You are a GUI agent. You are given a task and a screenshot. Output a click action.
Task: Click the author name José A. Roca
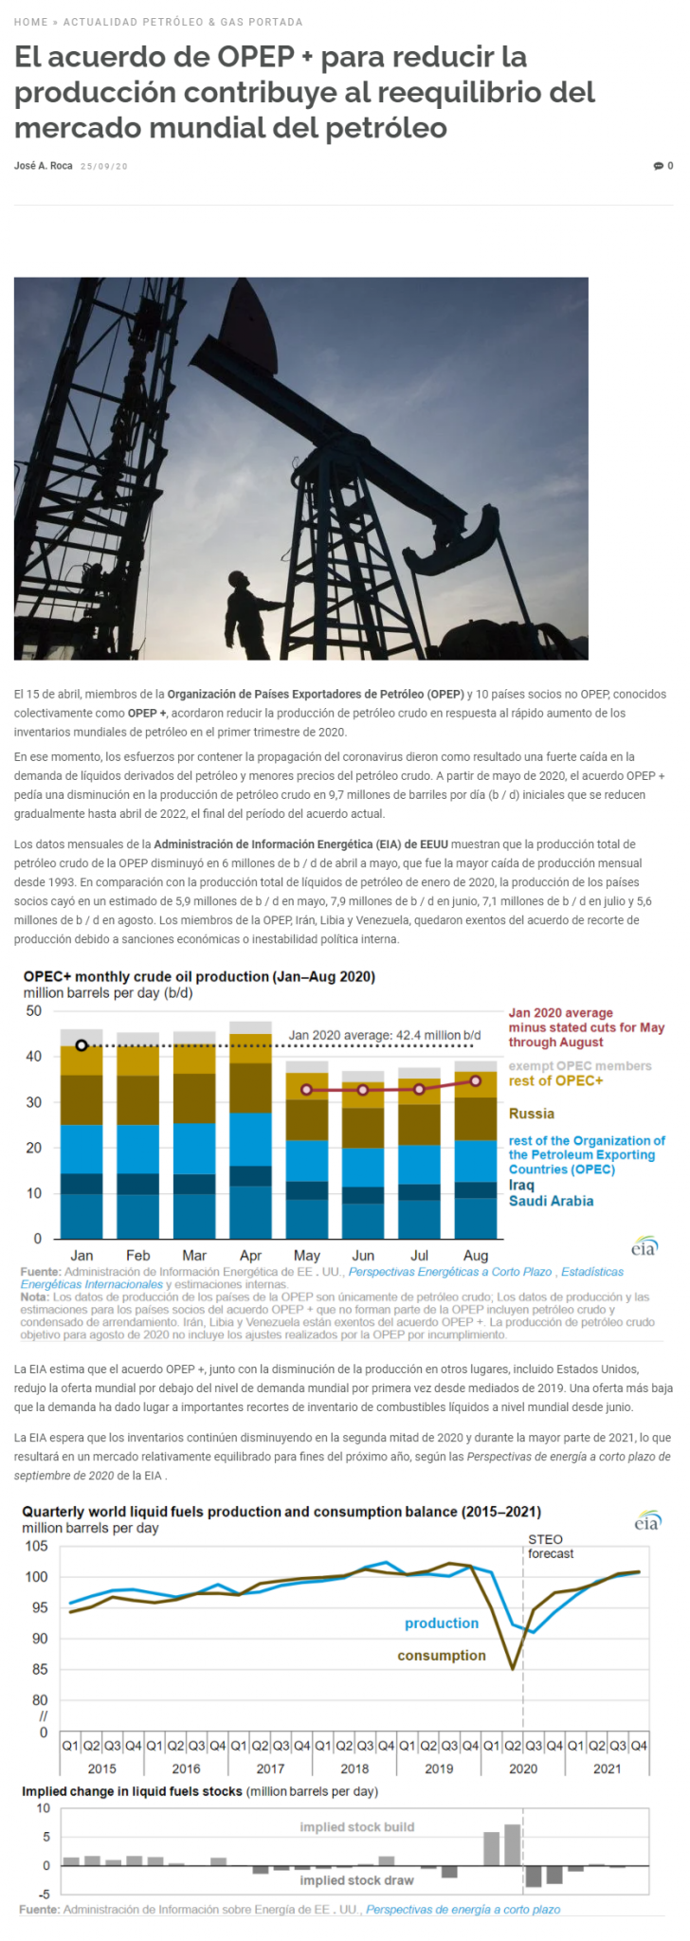(x=44, y=166)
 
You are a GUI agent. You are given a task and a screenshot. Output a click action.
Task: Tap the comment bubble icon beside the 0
(x=658, y=166)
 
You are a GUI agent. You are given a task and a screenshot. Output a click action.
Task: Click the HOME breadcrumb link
(x=30, y=22)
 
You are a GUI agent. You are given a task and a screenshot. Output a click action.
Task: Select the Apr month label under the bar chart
(x=250, y=1255)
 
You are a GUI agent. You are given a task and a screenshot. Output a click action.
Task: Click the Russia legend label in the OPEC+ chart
(x=531, y=1114)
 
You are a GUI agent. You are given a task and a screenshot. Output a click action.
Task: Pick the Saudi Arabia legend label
(x=551, y=1201)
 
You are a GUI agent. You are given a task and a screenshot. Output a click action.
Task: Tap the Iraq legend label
(x=521, y=1185)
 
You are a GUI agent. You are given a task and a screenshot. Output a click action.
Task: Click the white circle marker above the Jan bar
(x=82, y=1045)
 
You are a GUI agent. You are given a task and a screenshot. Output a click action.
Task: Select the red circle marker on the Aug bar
(x=476, y=1080)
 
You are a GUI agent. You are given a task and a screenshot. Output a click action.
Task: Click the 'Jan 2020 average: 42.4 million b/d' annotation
(x=385, y=1035)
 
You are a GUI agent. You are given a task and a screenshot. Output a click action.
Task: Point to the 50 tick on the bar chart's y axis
(x=34, y=1011)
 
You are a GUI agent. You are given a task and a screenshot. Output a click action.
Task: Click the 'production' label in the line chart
(x=442, y=1624)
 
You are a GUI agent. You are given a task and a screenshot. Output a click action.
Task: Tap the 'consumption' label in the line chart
(x=442, y=1656)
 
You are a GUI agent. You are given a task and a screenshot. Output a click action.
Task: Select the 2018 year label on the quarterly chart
(x=354, y=1769)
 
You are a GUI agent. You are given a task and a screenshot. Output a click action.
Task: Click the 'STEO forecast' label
(x=551, y=1546)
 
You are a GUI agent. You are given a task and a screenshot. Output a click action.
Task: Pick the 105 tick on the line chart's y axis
(x=36, y=1546)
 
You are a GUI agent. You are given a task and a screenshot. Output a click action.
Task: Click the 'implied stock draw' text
(x=357, y=1879)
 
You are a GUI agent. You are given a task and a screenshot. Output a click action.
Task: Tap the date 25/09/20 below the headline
(x=104, y=167)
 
